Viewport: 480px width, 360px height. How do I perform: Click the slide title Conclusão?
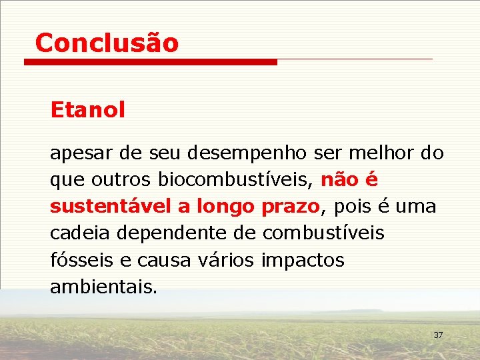point(107,43)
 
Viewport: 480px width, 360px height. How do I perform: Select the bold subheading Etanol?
point(87,110)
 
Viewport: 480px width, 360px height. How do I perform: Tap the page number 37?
point(438,335)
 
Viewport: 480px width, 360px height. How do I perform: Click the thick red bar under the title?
point(150,62)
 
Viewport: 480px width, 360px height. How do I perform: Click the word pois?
point(353,207)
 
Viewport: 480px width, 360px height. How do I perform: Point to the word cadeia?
point(79,233)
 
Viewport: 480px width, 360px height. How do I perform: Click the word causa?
point(155,261)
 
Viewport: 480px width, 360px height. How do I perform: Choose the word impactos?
point(303,261)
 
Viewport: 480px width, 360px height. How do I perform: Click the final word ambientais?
point(103,287)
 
